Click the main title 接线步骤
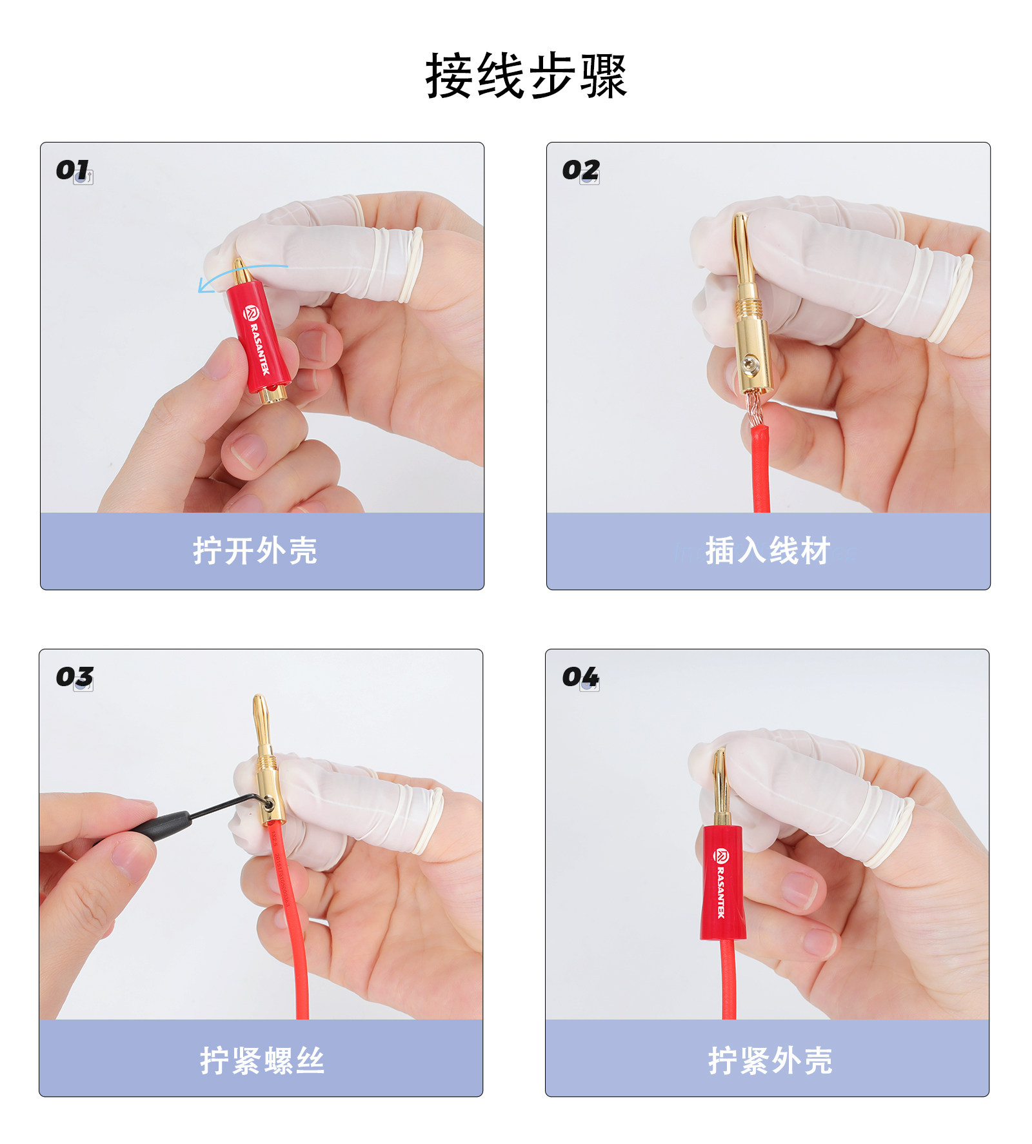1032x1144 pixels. click(x=526, y=76)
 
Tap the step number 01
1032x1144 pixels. click(x=72, y=170)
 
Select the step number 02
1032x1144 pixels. click(x=580, y=170)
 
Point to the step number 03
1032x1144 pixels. click(x=74, y=676)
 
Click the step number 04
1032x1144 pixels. click(x=580, y=676)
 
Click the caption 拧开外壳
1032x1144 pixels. click(x=255, y=551)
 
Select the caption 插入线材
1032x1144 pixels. click(x=768, y=551)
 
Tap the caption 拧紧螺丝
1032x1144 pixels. click(x=262, y=1060)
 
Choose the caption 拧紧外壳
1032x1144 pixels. click(x=770, y=1060)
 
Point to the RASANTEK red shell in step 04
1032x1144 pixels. click(x=722, y=882)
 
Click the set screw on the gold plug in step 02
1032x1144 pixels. click(x=749, y=364)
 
